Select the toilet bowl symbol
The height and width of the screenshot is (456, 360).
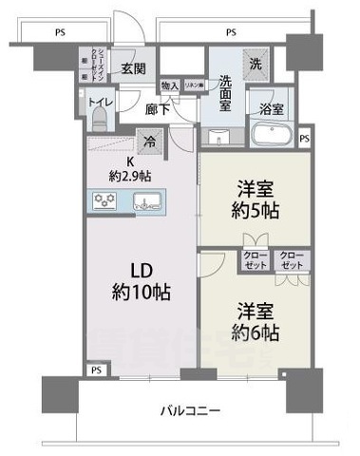tap(100, 122)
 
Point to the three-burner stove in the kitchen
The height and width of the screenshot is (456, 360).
tap(104, 199)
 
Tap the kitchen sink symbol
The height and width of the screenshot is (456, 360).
tap(148, 199)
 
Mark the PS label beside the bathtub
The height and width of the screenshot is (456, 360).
tap(303, 140)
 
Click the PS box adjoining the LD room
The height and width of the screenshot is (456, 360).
tap(95, 370)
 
